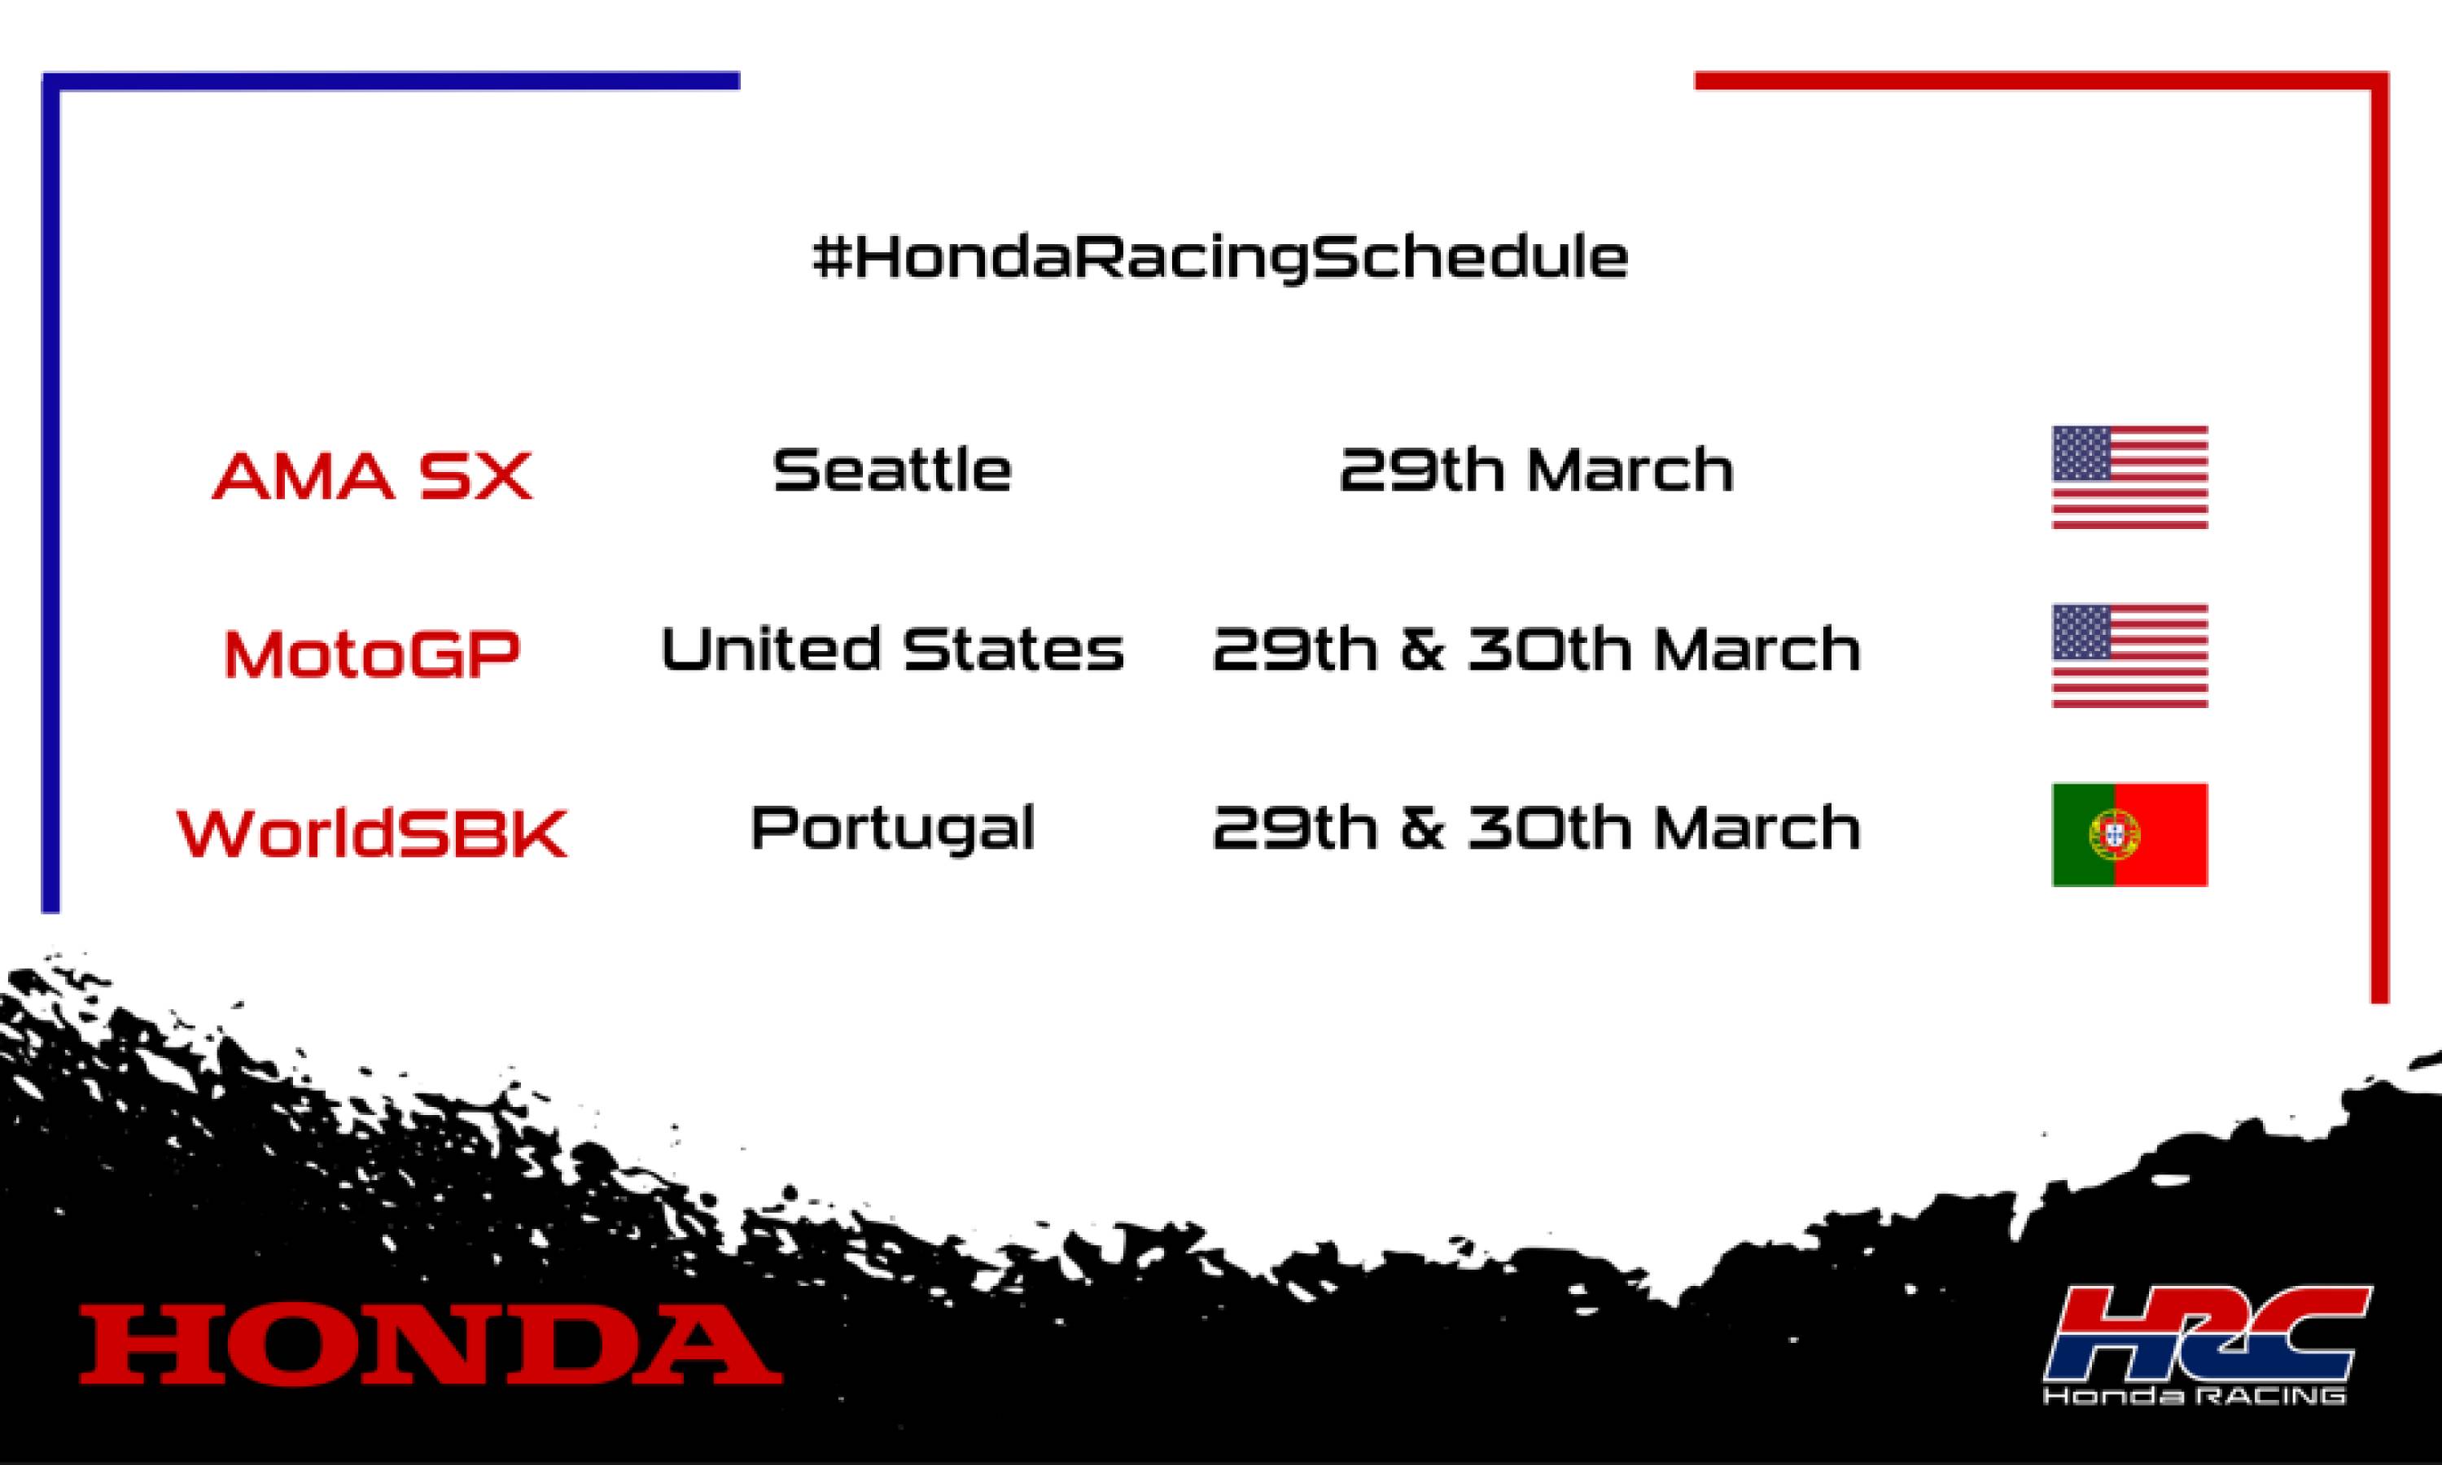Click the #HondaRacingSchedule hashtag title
pyautogui.click(x=1220, y=259)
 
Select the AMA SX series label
pyautogui.click(x=372, y=476)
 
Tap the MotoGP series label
pyautogui.click(x=372, y=654)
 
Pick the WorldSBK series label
pyautogui.click(x=372, y=834)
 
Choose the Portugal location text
pyautogui.click(x=892, y=829)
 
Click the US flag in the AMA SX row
pyautogui.click(x=2129, y=477)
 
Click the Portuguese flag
pyautogui.click(x=2129, y=835)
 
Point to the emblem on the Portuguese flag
pyautogui.click(x=2113, y=835)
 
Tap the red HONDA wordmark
pyautogui.click(x=431, y=1344)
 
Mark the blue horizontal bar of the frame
pyautogui.click(x=395, y=80)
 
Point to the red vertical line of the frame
pyautogui.click(x=2380, y=493)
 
